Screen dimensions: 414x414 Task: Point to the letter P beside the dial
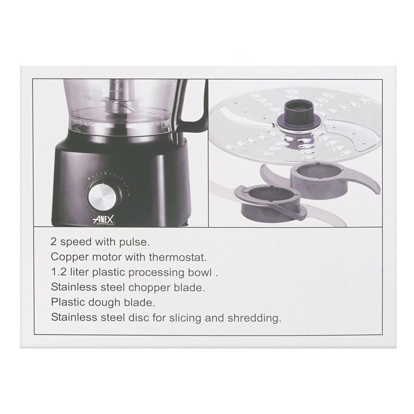89,179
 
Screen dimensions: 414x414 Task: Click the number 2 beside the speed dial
129,195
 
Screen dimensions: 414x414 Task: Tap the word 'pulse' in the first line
135,242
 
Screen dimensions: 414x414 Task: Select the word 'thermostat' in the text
178,257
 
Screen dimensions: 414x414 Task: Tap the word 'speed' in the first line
76,242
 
